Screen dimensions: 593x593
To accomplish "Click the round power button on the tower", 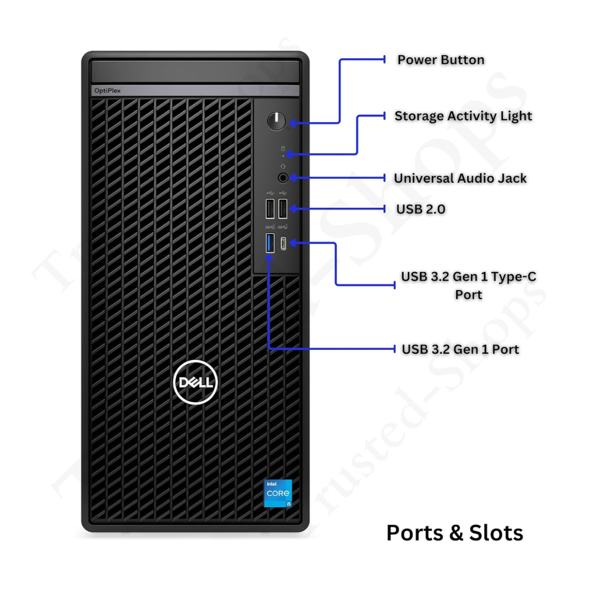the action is (x=276, y=121).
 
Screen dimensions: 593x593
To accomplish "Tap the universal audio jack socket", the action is (x=283, y=178).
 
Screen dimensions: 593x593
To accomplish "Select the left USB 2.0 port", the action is (x=270, y=208).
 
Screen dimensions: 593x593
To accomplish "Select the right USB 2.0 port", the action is (x=282, y=208).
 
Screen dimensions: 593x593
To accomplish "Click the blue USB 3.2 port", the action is (x=270, y=243).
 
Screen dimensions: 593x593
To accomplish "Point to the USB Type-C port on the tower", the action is (x=283, y=244).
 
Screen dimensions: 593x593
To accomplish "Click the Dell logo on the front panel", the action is (x=196, y=382).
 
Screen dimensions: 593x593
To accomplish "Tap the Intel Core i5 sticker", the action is (x=278, y=493).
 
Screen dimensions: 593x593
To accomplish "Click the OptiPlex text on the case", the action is (x=107, y=91).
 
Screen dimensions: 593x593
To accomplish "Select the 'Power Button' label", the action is (x=441, y=60).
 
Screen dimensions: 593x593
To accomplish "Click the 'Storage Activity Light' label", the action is (x=463, y=116).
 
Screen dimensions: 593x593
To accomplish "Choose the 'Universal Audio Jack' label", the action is (x=460, y=178).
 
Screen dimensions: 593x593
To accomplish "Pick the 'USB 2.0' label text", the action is (x=420, y=209).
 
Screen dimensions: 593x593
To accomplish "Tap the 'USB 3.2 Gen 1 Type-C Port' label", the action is (x=468, y=286).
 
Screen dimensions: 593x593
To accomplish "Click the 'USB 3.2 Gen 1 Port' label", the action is (x=460, y=349).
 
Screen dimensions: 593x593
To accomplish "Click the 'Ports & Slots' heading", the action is (x=455, y=533).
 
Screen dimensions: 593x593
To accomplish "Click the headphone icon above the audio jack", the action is (x=283, y=167).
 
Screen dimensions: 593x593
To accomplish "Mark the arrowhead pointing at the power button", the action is (x=292, y=123).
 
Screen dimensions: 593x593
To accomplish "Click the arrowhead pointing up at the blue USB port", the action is (x=269, y=258).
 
